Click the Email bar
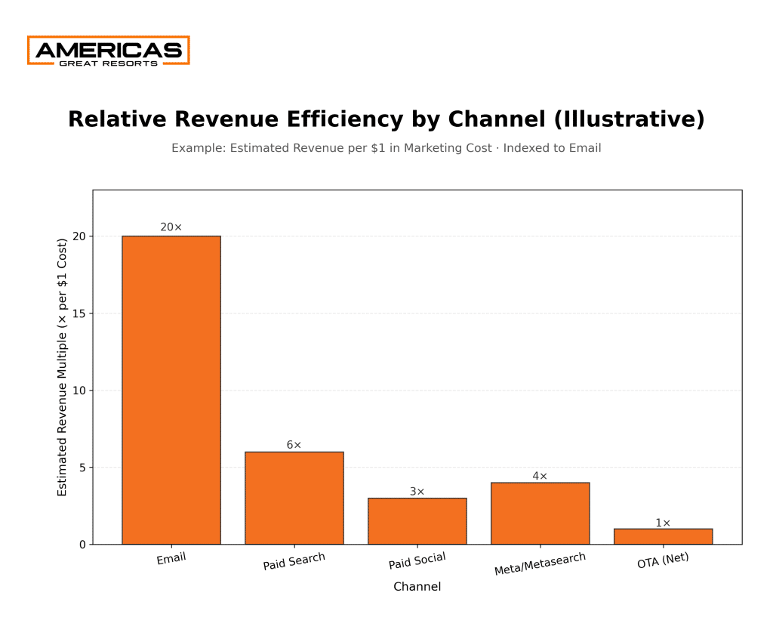(x=171, y=390)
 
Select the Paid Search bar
(x=294, y=498)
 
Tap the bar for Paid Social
(x=417, y=521)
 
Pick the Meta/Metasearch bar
(x=540, y=514)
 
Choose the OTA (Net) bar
(x=663, y=536)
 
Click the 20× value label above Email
(x=171, y=227)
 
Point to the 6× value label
(x=294, y=445)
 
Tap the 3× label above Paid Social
(x=417, y=491)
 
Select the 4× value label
(x=540, y=476)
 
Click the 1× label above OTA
(x=663, y=523)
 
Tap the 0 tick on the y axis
(x=82, y=544)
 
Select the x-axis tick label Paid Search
(x=294, y=562)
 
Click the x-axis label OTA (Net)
(x=663, y=560)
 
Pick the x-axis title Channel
(x=417, y=586)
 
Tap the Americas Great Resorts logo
(x=108, y=51)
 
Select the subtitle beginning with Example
(x=386, y=148)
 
